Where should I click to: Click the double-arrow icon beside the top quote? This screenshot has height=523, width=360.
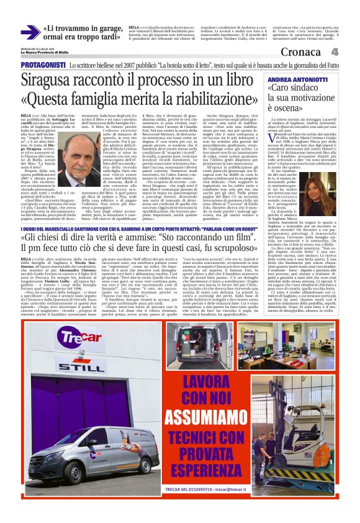click(30, 32)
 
